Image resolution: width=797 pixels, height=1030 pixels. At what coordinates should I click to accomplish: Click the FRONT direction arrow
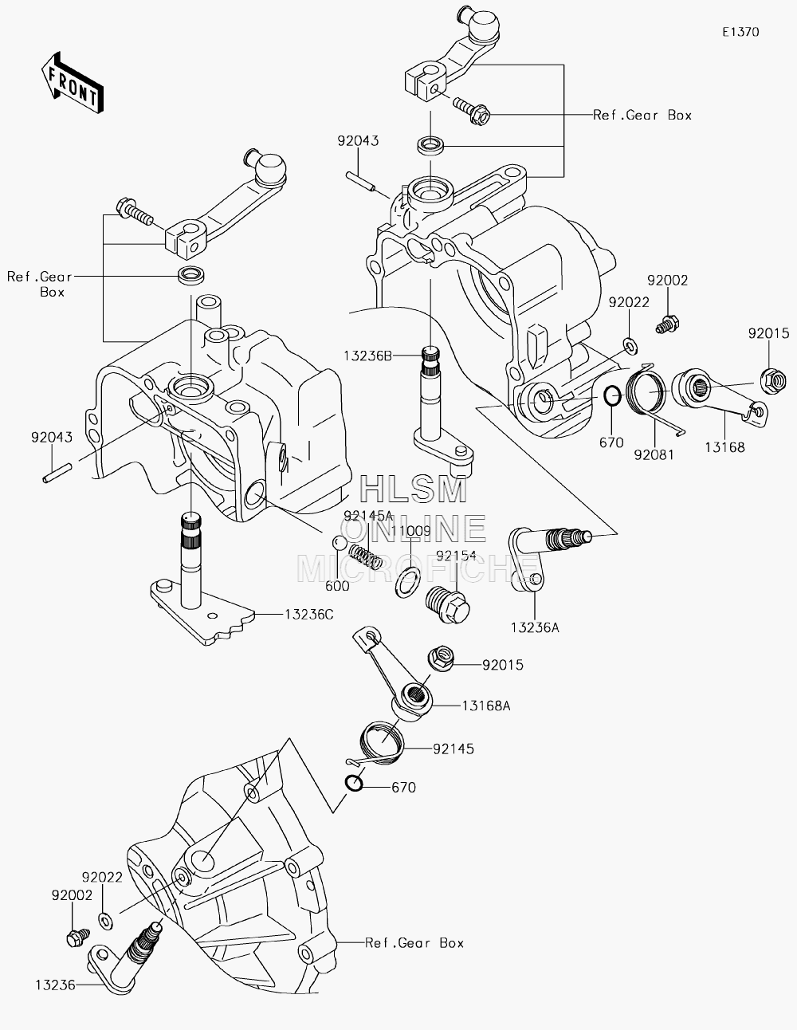[x=72, y=83]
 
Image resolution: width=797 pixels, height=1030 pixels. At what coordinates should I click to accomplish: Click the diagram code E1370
[x=740, y=32]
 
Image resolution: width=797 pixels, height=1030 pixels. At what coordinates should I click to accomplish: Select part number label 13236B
[x=367, y=356]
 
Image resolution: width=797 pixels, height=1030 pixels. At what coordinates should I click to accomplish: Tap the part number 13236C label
[x=309, y=615]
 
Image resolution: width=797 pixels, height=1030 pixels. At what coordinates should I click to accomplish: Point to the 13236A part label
[x=535, y=627]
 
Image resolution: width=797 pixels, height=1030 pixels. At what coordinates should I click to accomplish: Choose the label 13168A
[x=486, y=706]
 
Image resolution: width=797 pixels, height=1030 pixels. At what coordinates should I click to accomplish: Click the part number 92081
[x=654, y=454]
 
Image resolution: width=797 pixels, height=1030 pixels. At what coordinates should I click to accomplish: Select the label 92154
[x=456, y=556]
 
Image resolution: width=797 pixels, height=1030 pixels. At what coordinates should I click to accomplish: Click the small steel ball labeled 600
[x=340, y=543]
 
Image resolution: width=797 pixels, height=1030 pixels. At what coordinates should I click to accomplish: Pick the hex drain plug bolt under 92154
[x=448, y=604]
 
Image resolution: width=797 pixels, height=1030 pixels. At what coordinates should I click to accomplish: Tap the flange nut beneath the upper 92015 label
[x=773, y=380]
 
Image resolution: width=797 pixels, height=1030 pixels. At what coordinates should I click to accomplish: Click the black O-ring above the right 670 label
[x=612, y=395]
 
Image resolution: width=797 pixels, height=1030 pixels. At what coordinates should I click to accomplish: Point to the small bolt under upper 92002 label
[x=667, y=325]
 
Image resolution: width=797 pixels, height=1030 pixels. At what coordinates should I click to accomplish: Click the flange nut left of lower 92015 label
[x=442, y=658]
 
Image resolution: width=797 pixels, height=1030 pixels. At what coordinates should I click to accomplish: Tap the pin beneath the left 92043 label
[x=57, y=473]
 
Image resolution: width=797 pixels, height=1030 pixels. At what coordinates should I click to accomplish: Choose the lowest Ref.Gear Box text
[x=414, y=943]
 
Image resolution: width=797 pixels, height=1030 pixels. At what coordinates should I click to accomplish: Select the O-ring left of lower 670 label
[x=355, y=784]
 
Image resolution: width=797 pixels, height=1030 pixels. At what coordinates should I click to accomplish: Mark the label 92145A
[x=369, y=515]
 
